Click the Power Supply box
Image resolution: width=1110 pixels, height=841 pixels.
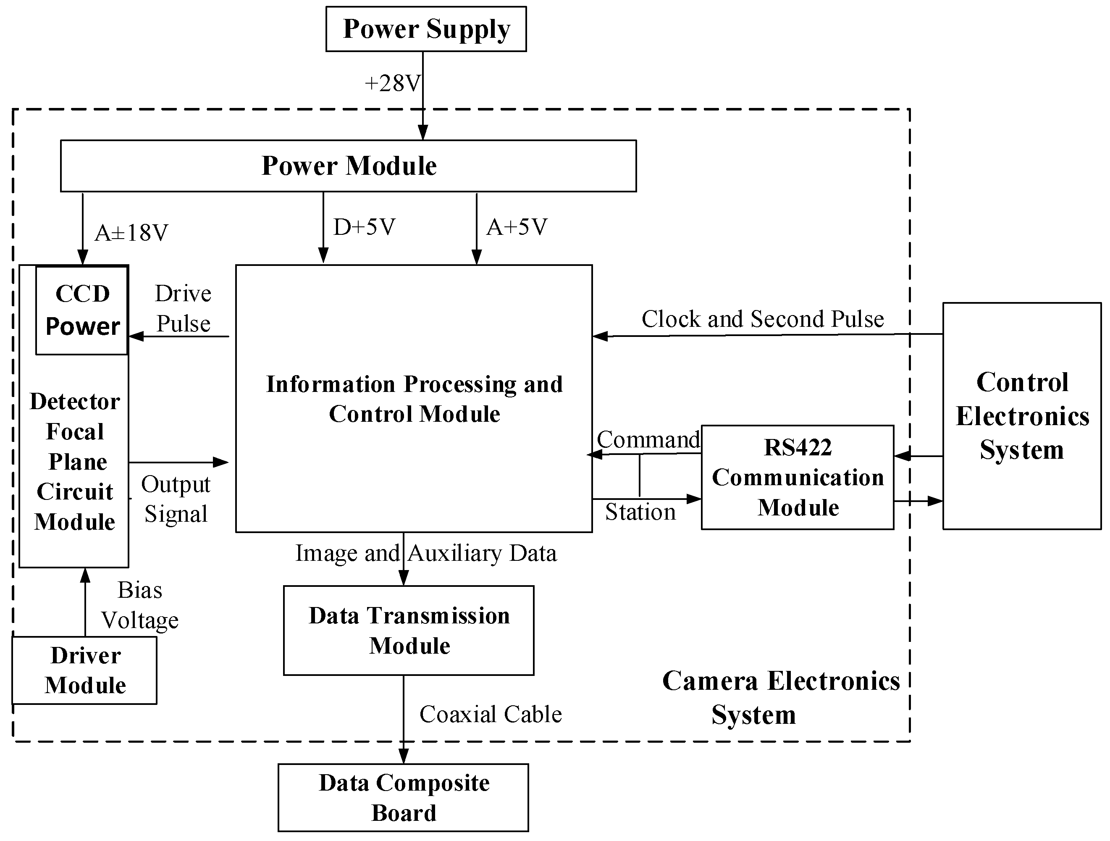point(425,29)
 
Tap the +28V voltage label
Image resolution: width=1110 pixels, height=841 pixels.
point(392,83)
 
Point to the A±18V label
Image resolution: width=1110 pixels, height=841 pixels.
point(131,233)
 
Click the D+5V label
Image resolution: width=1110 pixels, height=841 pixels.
point(364,227)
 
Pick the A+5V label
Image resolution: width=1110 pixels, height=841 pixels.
point(517,227)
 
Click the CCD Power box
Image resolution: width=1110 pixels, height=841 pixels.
point(82,310)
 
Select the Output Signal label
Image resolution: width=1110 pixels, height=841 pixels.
point(176,499)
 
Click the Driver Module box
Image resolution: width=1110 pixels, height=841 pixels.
point(85,670)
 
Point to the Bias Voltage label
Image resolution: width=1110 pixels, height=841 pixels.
point(140,605)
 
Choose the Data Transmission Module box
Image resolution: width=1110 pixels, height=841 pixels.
point(409,630)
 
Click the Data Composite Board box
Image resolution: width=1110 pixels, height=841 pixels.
point(404,797)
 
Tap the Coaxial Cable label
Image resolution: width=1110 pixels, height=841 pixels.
point(490,714)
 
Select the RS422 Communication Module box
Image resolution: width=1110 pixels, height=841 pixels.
point(798,477)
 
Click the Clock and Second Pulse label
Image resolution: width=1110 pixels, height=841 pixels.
point(763,319)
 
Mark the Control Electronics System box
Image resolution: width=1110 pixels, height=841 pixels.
point(1022,416)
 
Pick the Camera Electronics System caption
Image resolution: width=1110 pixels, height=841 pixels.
point(780,697)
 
